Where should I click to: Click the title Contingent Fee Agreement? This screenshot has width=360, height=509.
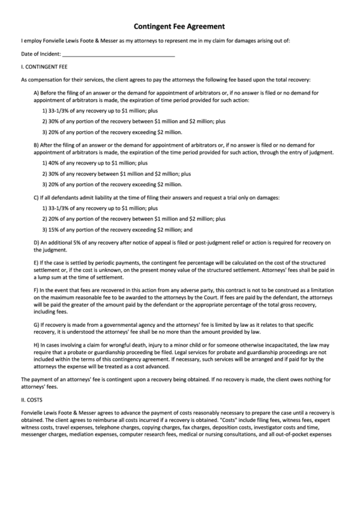[x=179, y=26]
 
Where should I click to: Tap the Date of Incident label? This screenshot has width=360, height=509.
[x=41, y=54]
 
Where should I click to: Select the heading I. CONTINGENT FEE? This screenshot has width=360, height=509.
[x=44, y=68]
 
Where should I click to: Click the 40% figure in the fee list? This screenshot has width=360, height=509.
[x=53, y=163]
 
